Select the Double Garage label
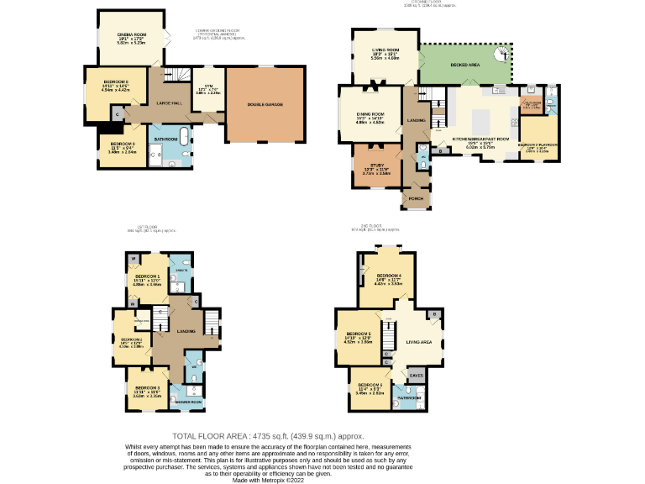point(265,104)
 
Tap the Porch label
point(415,199)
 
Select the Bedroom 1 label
point(147,276)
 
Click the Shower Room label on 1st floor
point(191,402)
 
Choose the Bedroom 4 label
point(389,276)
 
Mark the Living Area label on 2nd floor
point(418,342)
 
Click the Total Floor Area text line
point(270,436)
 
